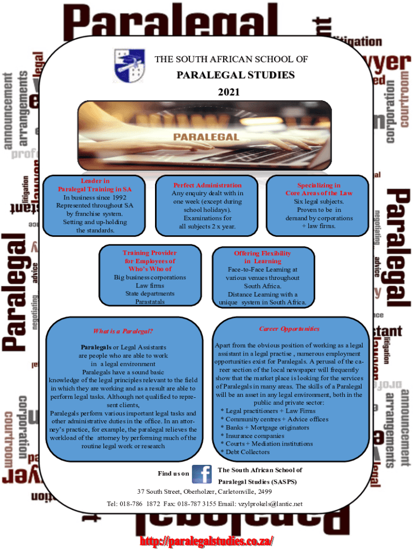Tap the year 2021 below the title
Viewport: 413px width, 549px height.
(228, 93)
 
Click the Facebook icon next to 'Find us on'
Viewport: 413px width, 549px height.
(202, 474)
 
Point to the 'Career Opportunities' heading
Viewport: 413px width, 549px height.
(289, 329)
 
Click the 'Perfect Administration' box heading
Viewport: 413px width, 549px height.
(208, 185)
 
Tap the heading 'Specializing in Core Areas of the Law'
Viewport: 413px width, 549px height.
(319, 189)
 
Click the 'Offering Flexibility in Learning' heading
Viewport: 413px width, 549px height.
(262, 257)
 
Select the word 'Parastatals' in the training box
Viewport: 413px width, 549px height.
(150, 302)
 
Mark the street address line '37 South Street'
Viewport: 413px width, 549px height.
(204, 491)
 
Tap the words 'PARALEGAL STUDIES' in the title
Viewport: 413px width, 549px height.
(235, 75)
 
